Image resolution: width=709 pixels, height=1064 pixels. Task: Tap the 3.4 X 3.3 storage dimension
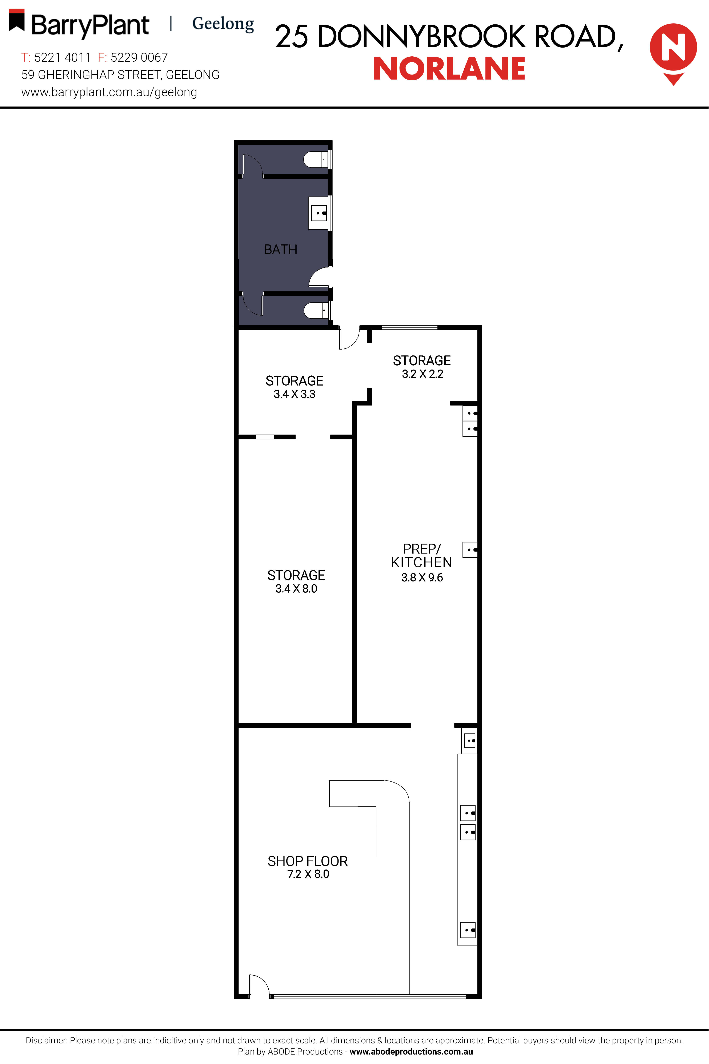pyautogui.click(x=294, y=394)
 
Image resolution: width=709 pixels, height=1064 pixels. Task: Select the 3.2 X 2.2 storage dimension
pyautogui.click(x=422, y=374)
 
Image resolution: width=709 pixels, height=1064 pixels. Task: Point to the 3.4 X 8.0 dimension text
pyautogui.click(x=296, y=588)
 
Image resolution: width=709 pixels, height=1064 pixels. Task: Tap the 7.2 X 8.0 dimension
pyautogui.click(x=308, y=874)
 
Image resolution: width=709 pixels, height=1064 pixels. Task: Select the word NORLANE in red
pyautogui.click(x=449, y=69)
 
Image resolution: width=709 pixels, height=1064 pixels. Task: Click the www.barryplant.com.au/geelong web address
pyautogui.click(x=109, y=92)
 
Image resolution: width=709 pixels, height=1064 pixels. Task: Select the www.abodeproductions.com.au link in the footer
pyautogui.click(x=411, y=1051)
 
